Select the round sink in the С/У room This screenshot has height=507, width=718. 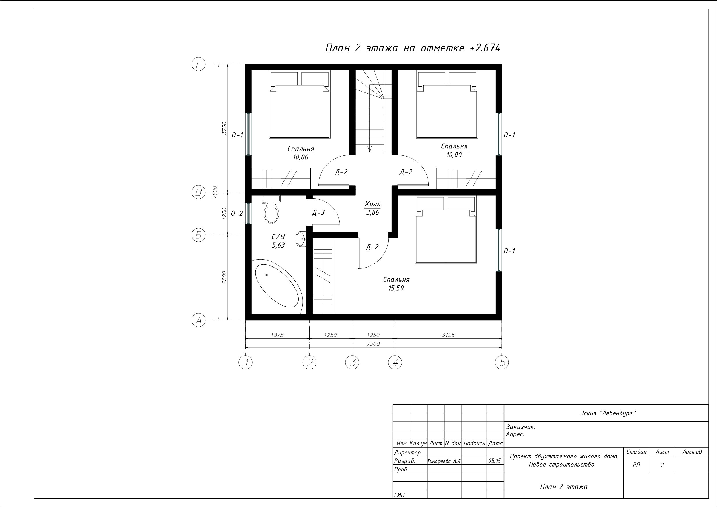pos(301,239)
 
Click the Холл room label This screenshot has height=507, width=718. pos(372,204)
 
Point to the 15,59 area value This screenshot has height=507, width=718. pos(396,288)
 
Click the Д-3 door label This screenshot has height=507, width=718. pos(318,213)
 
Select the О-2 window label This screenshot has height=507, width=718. pos(237,213)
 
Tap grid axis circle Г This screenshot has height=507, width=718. pos(198,65)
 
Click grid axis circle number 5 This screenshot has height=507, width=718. pos(502,362)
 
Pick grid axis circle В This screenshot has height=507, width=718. pos(198,192)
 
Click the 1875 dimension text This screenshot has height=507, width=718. pos(277,335)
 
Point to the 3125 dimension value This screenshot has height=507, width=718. pos(448,335)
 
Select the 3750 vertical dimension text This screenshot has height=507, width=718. pos(224,128)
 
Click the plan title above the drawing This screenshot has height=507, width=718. pos(413,48)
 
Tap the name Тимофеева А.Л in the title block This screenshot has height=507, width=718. pos(444,461)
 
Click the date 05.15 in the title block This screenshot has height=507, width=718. pos(494,461)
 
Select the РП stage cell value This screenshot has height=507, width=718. pos(636,465)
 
